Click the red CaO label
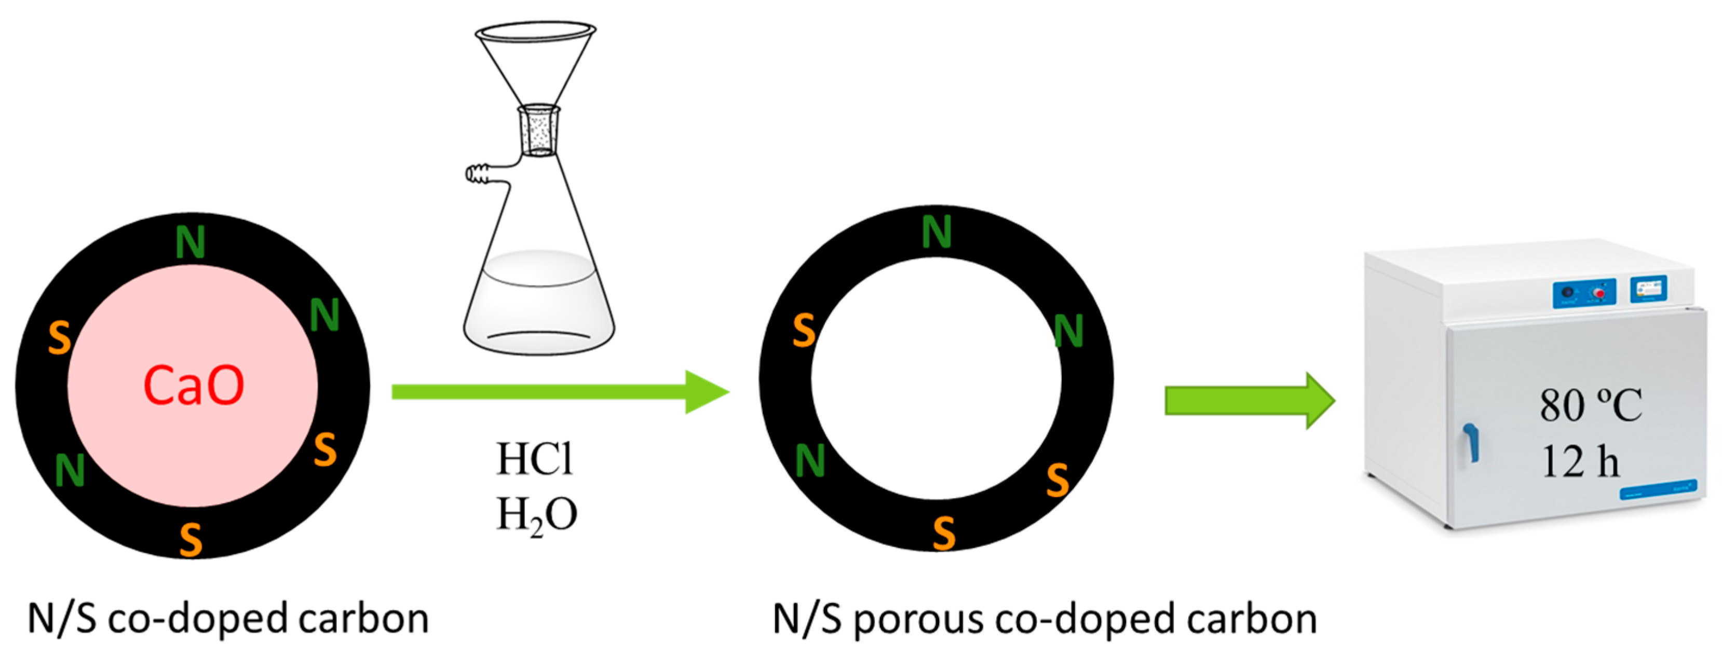194,386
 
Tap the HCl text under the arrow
534,459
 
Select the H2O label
536,515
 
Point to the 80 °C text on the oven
1590,405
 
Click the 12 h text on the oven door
1580,462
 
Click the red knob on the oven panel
1599,293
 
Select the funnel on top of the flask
535,60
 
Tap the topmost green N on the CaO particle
190,242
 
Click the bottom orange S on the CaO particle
191,539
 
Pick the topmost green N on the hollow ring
936,233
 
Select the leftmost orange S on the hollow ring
804,331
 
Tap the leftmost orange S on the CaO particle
60,337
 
